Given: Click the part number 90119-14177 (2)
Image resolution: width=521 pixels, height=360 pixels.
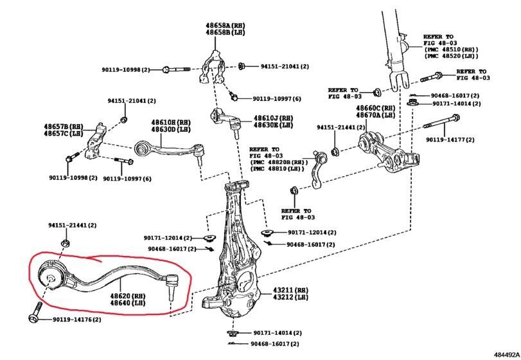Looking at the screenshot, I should click(x=450, y=139).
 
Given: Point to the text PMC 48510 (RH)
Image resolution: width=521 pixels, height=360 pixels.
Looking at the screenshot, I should click(x=451, y=50).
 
